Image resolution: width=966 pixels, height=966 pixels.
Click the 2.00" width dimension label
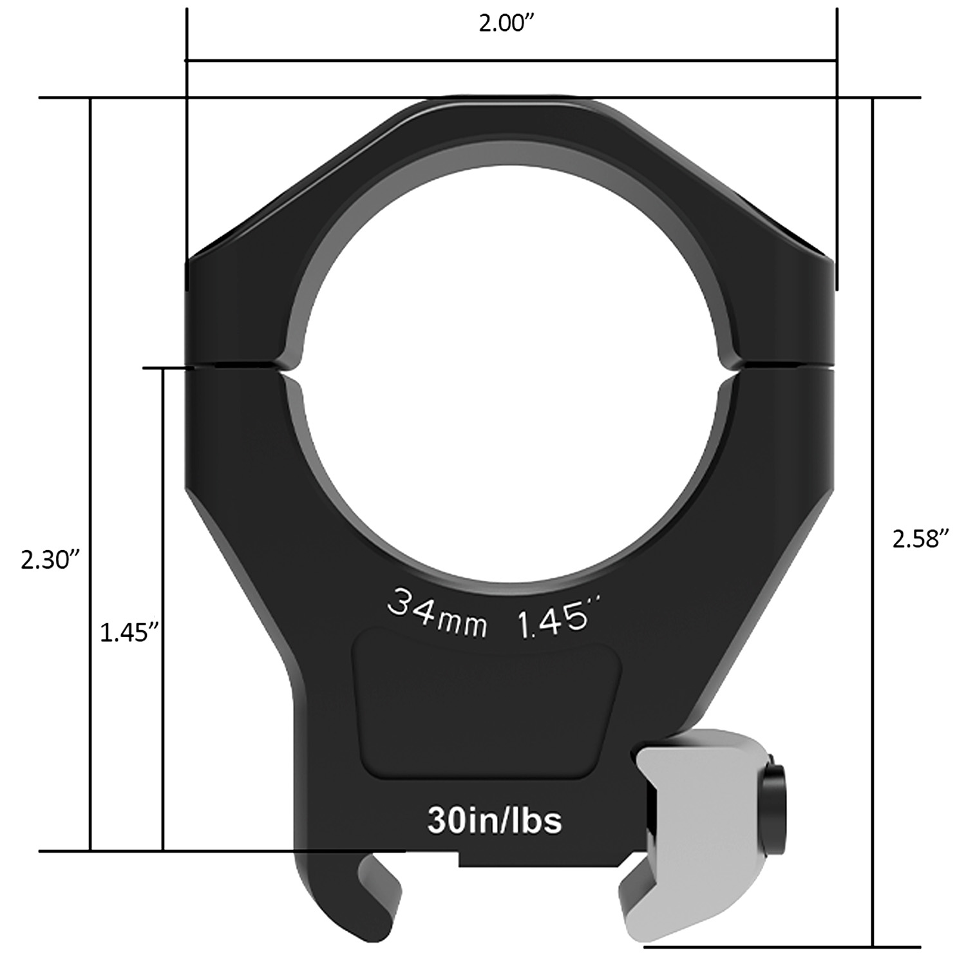click(x=508, y=25)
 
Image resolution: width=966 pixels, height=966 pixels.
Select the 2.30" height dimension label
click(x=50, y=560)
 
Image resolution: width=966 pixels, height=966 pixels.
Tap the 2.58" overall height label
click(x=921, y=538)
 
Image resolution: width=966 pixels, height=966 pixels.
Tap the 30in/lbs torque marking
click(x=494, y=820)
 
